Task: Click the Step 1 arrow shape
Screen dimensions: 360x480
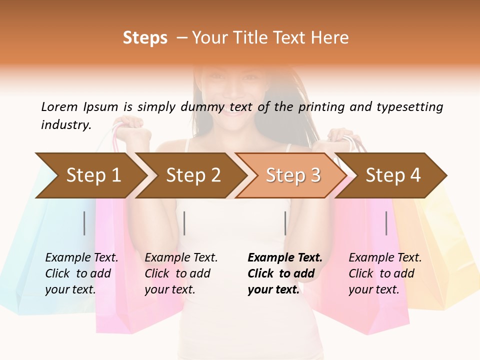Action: coord(90,175)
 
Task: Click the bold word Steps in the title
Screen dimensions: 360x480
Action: coord(145,38)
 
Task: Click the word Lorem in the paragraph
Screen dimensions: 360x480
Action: coord(59,107)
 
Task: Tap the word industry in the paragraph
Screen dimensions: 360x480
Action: coord(65,125)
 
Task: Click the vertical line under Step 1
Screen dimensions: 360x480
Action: coord(84,223)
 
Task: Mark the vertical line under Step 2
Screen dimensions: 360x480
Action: coord(184,223)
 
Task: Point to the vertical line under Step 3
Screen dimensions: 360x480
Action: coord(285,223)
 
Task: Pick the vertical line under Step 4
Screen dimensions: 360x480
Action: coord(386,223)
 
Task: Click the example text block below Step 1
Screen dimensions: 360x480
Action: coord(81,273)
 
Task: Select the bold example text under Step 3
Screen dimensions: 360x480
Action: coord(284,273)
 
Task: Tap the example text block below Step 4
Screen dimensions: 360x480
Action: coord(384,273)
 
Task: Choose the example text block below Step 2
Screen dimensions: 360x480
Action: coord(181,273)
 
